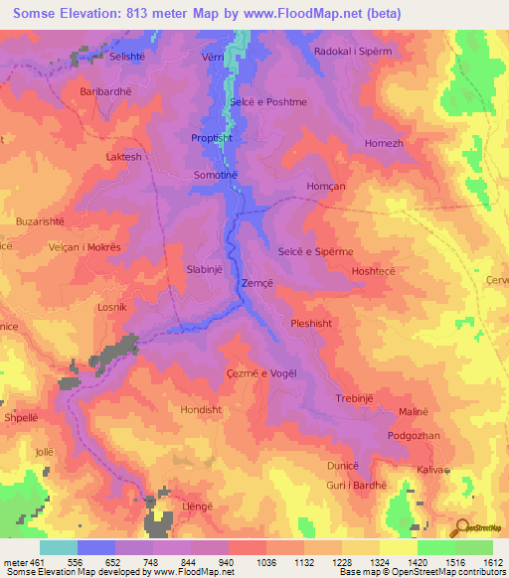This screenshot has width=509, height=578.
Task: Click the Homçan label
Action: (x=325, y=187)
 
